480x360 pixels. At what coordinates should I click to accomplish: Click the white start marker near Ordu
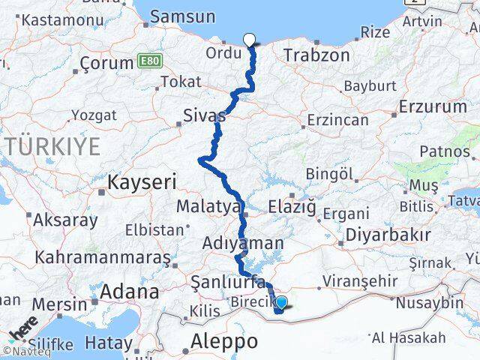coord(250,40)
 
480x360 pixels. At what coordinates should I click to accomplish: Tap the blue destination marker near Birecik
coord(280,304)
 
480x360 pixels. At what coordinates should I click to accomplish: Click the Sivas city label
coord(204,115)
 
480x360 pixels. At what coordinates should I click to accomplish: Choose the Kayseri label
coord(142,181)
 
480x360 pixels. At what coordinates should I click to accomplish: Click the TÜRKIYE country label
coord(52,146)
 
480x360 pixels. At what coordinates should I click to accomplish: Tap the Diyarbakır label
coord(387,234)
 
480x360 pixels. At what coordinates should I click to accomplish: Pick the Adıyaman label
coord(244,243)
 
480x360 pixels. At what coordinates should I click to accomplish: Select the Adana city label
coord(129,291)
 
